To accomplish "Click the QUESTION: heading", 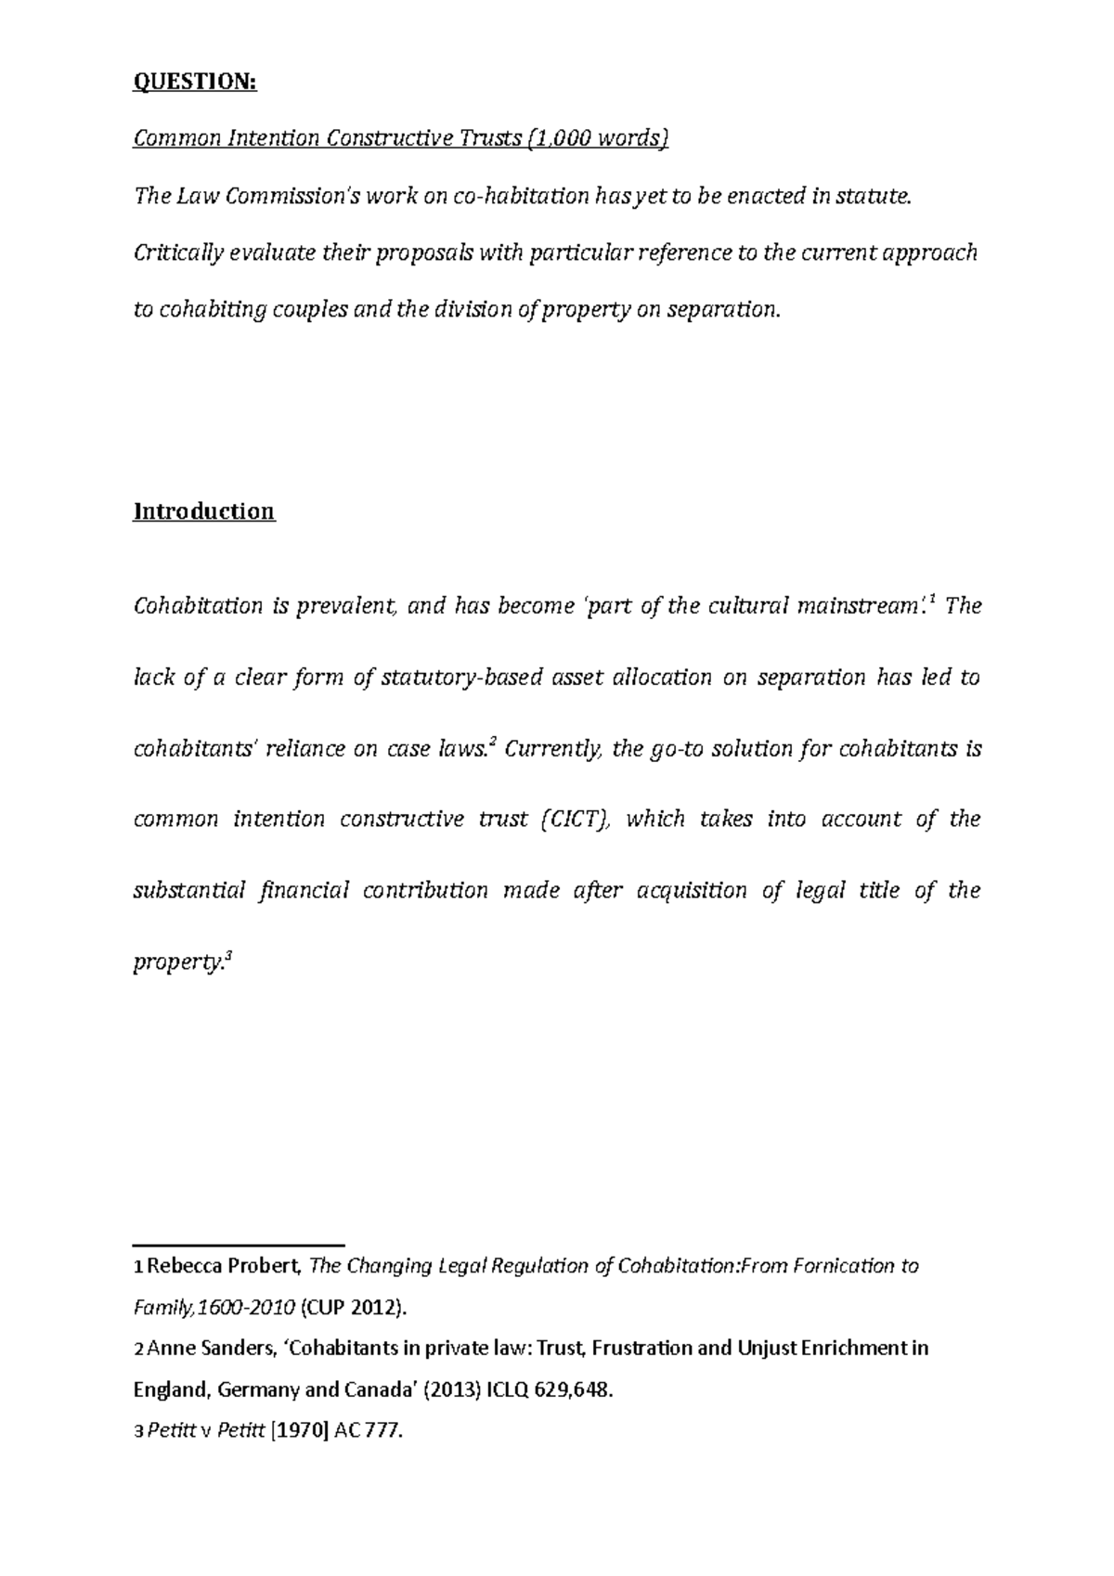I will [194, 83].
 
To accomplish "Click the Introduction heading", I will [203, 511].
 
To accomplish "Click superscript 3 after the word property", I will [228, 956].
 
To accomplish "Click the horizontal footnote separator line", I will [239, 1243].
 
